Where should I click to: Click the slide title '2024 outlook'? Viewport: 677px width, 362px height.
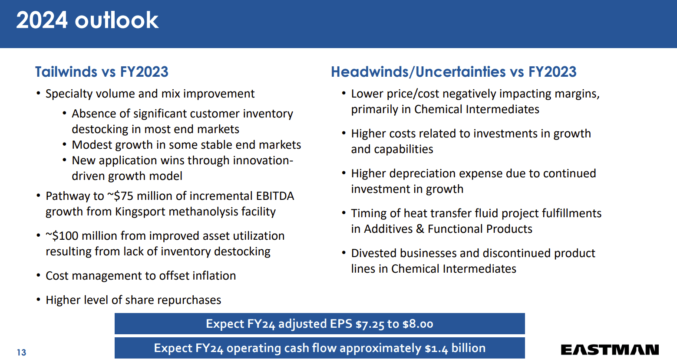(87, 20)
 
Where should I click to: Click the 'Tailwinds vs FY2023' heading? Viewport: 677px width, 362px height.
(102, 72)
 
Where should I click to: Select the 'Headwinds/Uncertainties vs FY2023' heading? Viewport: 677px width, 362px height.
(453, 72)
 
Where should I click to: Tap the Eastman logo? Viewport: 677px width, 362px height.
(610, 349)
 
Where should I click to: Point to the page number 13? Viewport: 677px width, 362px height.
(21, 352)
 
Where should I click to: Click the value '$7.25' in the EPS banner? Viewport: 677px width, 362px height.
(370, 324)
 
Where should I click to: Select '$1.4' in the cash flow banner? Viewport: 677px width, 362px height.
(436, 349)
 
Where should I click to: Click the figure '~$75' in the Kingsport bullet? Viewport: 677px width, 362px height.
(120, 196)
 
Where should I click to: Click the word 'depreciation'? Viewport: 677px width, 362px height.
(423, 173)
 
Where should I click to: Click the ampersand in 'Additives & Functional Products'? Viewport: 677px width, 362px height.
(420, 229)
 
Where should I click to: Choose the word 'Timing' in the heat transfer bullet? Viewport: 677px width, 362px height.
(369, 213)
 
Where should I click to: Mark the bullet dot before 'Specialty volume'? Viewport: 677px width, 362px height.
(38, 94)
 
